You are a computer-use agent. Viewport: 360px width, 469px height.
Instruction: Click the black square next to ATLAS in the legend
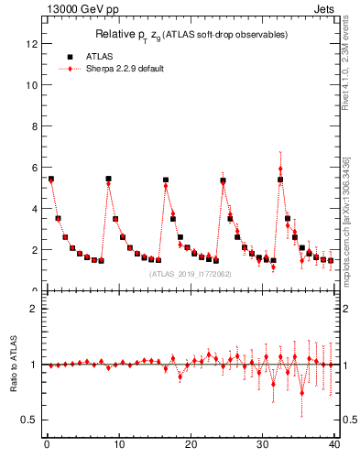tap(70, 56)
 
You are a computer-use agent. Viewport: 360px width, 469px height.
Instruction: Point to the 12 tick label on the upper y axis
tap(31, 43)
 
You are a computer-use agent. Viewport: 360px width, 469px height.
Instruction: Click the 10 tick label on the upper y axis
tap(31, 84)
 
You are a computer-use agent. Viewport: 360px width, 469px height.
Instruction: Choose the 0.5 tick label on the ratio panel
tap(28, 420)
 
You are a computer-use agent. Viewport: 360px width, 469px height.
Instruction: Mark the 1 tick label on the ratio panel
tap(34, 365)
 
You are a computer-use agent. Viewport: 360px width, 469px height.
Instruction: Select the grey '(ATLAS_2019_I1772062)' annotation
tap(191, 274)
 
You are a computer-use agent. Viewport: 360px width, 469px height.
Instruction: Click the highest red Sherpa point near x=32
tap(280, 169)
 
